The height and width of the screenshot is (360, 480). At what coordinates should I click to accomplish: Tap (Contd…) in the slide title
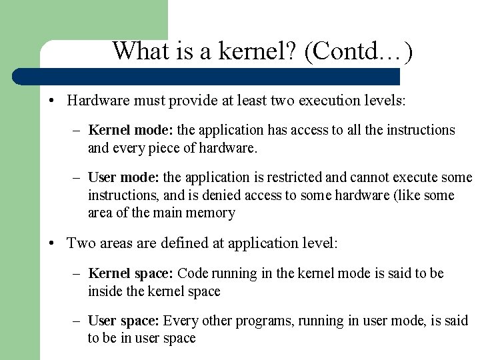[x=358, y=51]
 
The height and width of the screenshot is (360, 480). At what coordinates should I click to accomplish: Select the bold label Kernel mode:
[x=123, y=130]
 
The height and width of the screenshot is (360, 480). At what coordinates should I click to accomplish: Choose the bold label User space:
[x=125, y=321]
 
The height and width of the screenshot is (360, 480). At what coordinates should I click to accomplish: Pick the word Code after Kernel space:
[x=193, y=273]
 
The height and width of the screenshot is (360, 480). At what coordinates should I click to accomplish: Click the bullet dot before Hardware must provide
[x=51, y=101]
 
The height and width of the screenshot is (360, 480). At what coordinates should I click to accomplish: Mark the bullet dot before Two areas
[x=51, y=243]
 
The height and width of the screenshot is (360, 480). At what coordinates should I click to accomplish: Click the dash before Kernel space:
[x=77, y=273]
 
